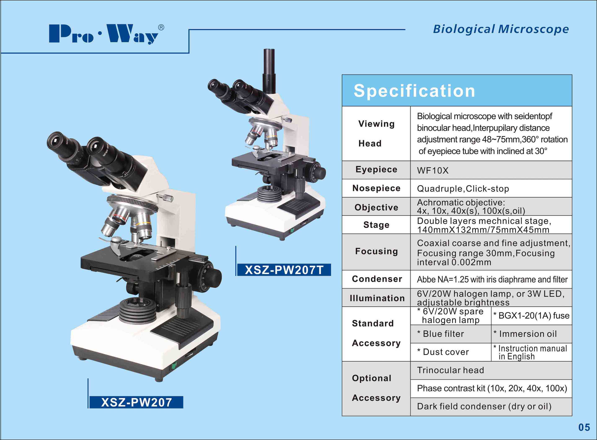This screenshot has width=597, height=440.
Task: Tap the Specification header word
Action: [x=414, y=91]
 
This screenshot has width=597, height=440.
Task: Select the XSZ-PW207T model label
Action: [x=284, y=270]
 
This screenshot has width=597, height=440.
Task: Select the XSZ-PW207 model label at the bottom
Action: [x=136, y=402]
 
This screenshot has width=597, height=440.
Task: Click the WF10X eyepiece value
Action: [x=433, y=170]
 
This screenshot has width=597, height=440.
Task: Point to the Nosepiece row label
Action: [x=376, y=188]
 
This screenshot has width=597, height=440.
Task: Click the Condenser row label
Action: [x=377, y=279]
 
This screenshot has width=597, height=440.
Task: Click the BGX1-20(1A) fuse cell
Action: [x=531, y=316]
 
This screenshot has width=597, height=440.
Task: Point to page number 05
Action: [x=584, y=427]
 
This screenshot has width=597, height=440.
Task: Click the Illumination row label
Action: [x=377, y=298]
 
